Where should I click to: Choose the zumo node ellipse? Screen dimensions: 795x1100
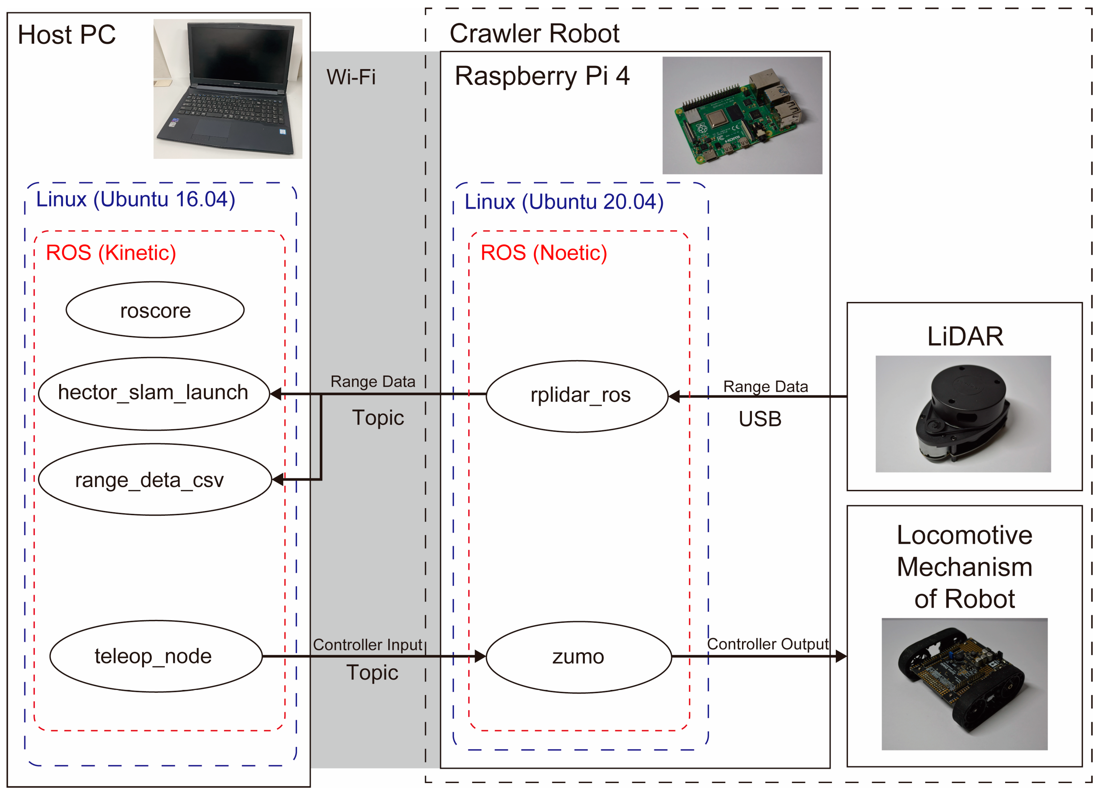578,657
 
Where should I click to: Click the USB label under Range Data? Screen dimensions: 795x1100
759,419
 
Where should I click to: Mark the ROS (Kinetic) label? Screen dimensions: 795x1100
111,252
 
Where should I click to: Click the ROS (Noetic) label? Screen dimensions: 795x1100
543,252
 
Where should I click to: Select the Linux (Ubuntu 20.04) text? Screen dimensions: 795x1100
564,202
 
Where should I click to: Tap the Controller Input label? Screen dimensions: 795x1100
368,645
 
